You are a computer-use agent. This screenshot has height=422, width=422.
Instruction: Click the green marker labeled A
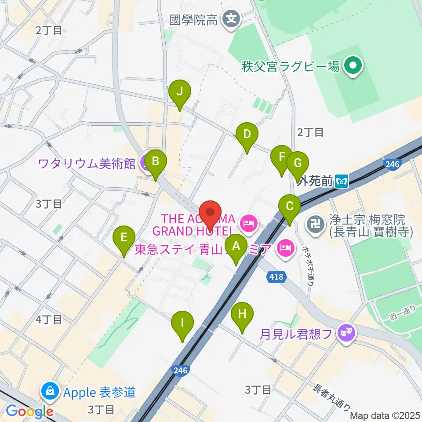236,246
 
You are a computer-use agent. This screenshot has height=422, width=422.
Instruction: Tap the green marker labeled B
155,162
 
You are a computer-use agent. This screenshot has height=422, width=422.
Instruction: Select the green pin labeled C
290,206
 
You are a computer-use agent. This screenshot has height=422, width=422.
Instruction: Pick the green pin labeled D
247,134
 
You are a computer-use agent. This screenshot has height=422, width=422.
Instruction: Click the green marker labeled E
124,238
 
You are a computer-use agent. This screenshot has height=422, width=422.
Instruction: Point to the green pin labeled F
281,156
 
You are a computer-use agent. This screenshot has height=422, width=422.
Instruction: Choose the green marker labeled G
298,164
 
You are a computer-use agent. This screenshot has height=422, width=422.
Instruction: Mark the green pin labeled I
182,323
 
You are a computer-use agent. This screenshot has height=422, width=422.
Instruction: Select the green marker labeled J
179,92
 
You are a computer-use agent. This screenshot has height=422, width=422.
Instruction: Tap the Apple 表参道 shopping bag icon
50,391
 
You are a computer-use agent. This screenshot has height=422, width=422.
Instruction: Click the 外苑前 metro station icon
342,180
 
